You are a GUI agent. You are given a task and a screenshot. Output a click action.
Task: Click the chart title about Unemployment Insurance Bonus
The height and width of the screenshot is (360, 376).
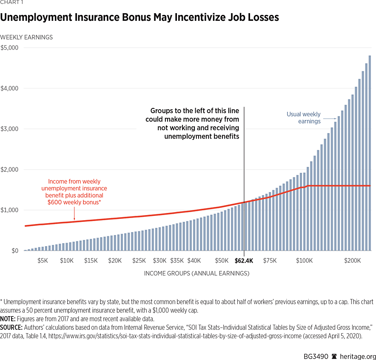click(140, 17)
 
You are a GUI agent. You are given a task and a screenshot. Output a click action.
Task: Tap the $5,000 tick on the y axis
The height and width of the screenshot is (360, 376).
click(9, 48)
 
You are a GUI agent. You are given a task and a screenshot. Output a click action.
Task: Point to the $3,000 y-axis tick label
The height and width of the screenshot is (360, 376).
click(9, 129)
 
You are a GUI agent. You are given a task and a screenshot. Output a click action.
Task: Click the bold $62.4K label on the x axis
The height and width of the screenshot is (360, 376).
click(244, 261)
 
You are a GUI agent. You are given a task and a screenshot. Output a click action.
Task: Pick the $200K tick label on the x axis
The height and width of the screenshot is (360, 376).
click(353, 261)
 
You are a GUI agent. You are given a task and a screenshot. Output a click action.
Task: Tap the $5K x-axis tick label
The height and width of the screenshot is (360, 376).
click(43, 261)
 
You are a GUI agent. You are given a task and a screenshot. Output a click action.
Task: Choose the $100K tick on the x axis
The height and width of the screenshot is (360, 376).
click(304, 261)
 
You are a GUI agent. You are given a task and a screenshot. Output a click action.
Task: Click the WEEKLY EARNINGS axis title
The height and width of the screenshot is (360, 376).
click(26, 37)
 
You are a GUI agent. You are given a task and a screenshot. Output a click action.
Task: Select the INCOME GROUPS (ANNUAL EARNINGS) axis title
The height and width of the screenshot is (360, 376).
click(197, 273)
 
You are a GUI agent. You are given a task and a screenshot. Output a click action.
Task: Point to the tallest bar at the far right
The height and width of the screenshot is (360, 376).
click(370, 153)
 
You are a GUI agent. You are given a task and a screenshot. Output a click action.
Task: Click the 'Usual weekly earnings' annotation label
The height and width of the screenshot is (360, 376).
click(303, 118)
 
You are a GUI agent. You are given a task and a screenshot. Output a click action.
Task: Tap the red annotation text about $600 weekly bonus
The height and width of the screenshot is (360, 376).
click(74, 192)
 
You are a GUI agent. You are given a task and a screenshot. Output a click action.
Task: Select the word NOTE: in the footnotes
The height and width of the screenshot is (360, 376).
click(8, 318)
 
